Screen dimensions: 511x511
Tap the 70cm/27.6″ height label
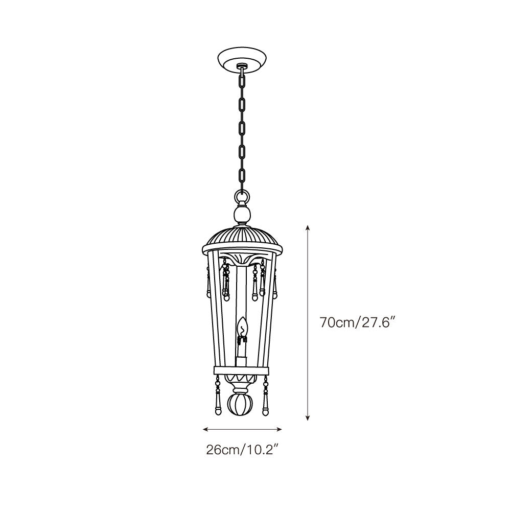click(358, 323)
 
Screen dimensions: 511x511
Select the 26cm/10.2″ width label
click(242, 450)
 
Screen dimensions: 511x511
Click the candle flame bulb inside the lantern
click(243, 327)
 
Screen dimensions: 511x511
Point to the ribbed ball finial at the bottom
click(243, 405)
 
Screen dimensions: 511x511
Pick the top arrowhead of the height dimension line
click(307, 227)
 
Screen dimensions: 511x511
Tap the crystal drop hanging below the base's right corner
click(266, 401)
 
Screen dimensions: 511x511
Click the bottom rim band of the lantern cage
click(242, 370)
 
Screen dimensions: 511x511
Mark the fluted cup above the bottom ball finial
click(243, 382)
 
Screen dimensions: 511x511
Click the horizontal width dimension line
click(243, 429)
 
